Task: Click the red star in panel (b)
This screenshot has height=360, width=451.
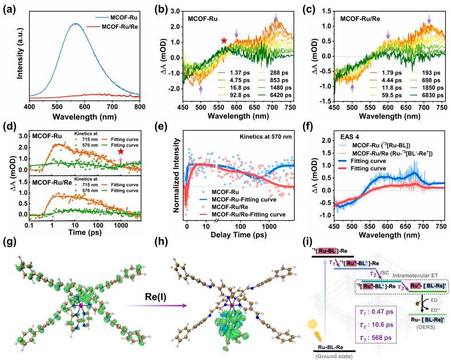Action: pos(224,41)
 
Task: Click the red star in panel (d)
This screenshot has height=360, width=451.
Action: pos(121,151)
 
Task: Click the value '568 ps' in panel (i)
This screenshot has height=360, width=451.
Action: pos(398,337)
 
